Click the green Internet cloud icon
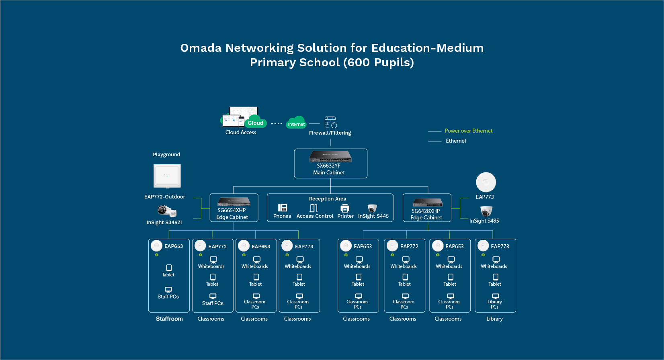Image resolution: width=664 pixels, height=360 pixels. [x=296, y=122]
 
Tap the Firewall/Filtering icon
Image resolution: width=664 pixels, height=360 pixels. [x=330, y=122]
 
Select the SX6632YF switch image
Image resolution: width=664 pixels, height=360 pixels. [x=330, y=156]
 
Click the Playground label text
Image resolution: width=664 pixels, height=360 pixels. [x=166, y=154]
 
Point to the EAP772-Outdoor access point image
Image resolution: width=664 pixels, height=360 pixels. [x=167, y=176]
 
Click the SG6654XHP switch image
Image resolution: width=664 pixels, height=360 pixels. [x=234, y=202]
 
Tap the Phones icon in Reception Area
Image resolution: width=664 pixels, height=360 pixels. [x=283, y=208]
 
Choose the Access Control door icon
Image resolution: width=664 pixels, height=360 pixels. [x=314, y=208]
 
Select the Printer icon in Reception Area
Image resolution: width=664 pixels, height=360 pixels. [x=345, y=208]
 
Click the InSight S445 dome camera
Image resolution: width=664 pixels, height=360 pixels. [x=372, y=208]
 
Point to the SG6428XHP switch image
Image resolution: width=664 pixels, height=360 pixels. [x=428, y=202]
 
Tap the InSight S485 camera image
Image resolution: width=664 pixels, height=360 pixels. [x=486, y=211]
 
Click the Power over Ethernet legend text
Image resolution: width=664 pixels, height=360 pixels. [x=469, y=131]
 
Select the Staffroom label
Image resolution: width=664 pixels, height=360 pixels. [x=169, y=319]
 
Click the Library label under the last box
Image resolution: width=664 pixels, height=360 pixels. [x=494, y=319]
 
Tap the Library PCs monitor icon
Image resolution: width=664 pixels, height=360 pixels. [x=495, y=296]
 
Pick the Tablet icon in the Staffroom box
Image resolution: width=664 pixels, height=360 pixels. [x=169, y=268]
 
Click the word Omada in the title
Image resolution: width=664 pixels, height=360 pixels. [x=201, y=48]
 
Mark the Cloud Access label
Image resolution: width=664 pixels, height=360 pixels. [x=241, y=133]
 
